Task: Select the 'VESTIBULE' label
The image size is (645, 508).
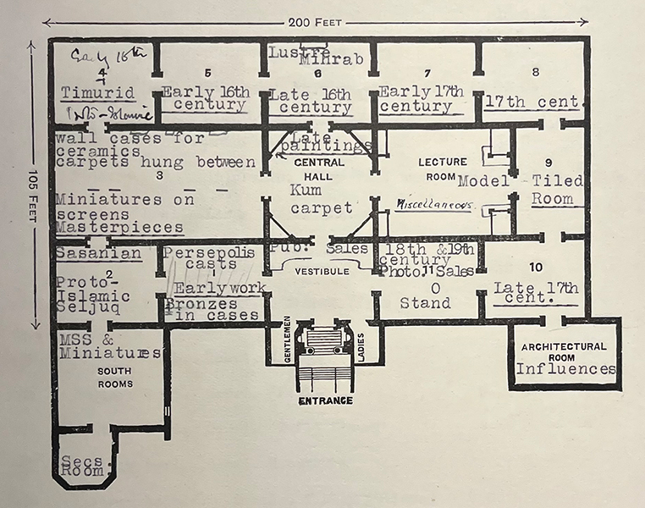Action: coord(318,272)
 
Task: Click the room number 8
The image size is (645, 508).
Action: coord(535,72)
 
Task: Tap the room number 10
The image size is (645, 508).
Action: coord(535,268)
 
